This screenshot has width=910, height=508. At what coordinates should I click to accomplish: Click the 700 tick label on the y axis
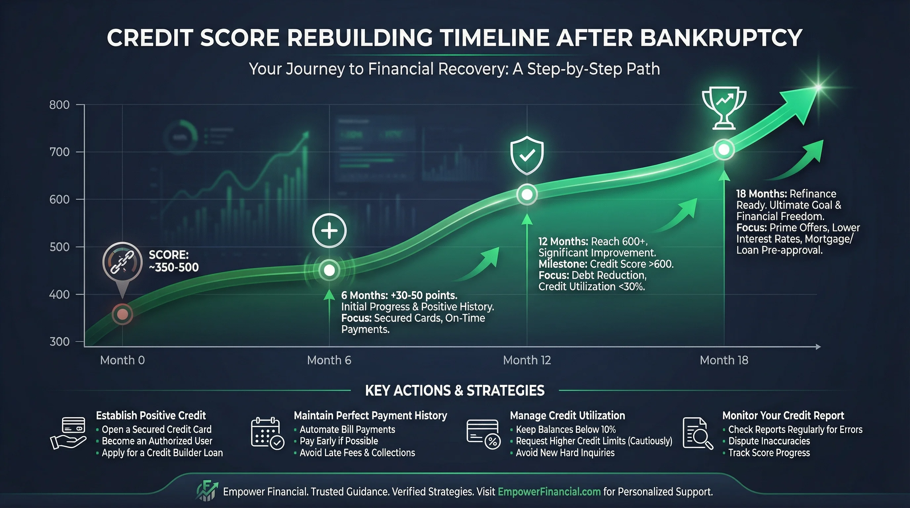tap(59, 152)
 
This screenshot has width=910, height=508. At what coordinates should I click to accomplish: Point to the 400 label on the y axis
tap(59, 294)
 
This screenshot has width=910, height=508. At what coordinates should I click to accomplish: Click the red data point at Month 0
tap(122, 314)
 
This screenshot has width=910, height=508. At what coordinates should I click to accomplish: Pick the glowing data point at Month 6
tap(329, 270)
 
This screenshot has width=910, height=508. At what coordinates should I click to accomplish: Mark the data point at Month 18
tap(724, 150)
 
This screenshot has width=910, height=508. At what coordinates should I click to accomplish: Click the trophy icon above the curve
tap(724, 108)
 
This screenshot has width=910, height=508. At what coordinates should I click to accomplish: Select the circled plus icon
tap(329, 230)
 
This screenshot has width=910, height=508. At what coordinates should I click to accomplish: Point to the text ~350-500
tap(174, 268)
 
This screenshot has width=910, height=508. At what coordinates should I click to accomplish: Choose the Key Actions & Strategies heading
tap(455, 390)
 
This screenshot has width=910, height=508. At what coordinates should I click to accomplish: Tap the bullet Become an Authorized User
tap(157, 441)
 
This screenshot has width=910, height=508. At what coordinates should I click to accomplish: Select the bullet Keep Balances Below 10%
tap(565, 430)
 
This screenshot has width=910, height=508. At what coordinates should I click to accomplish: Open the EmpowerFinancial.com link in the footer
tap(549, 491)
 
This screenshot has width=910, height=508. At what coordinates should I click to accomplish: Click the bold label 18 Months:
tap(761, 194)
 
